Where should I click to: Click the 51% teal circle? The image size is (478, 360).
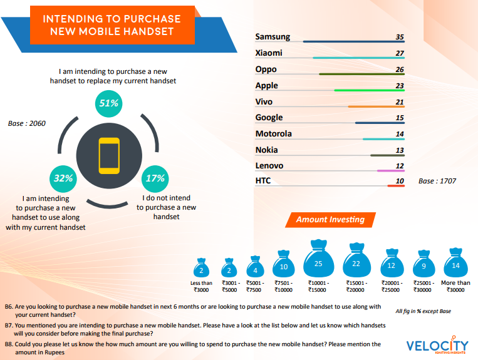tap(110, 103)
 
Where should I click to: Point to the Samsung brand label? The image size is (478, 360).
tap(273, 37)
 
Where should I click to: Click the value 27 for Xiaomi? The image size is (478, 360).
tap(399, 53)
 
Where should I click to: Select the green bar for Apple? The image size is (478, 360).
tap(369, 91)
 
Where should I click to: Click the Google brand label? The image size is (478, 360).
tap(269, 117)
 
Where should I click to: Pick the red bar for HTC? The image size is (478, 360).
tap(395, 186)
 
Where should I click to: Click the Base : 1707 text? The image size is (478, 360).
tap(437, 181)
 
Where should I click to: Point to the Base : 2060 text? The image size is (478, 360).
tap(27, 123)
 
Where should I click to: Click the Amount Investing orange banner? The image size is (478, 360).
tap(330, 220)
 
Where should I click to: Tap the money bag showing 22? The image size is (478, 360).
tap(356, 262)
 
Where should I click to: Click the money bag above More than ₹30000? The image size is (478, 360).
tap(455, 264)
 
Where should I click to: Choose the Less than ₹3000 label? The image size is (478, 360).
tap(202, 286)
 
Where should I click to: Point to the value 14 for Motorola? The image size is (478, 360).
tap(399, 134)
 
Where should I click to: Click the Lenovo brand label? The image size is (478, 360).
tap(269, 165)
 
